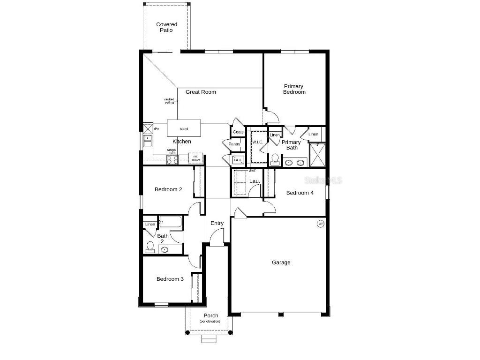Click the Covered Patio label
pyautogui.click(x=166, y=27)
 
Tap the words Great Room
pyautogui.click(x=201, y=92)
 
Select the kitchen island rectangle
pyautogui.click(x=184, y=128)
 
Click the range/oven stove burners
pyautogui.click(x=172, y=159)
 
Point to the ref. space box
pyautogui.click(x=196, y=158)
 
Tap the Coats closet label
pyautogui.click(x=238, y=132)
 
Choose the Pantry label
pyautogui.click(x=234, y=144)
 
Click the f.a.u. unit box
pyautogui.click(x=238, y=160)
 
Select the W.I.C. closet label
pyautogui.click(x=257, y=142)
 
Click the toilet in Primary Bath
pyautogui.click(x=275, y=159)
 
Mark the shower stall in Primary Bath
pyautogui.click(x=317, y=155)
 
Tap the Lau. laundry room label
pyautogui.click(x=255, y=181)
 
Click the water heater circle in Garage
pyautogui.click(x=321, y=224)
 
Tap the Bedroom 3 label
pyautogui.click(x=170, y=279)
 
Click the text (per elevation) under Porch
pyautogui.click(x=210, y=322)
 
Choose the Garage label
pyautogui.click(x=281, y=262)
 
